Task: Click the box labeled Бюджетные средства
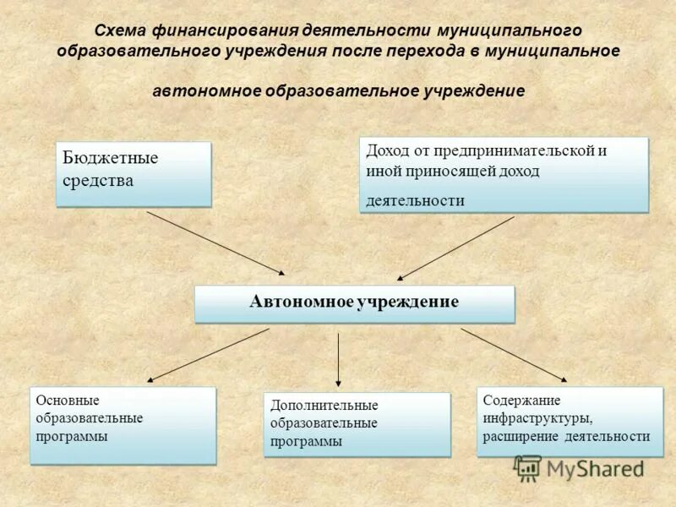tap(133, 173)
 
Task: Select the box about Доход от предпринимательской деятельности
tap(504, 174)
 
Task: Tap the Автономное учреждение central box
tap(354, 303)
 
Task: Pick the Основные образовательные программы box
tap(123, 425)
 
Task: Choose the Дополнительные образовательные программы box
tap(357, 424)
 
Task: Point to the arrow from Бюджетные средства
tap(215, 243)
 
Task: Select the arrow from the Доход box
tap(456, 248)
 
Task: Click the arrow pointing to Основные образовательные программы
tap(209, 355)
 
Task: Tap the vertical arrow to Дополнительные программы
tap(338, 359)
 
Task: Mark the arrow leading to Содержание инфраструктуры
tap(514, 355)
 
